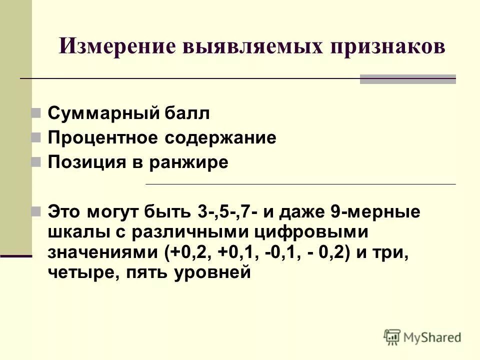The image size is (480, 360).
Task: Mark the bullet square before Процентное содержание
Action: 36,137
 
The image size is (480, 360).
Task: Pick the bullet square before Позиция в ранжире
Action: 36,162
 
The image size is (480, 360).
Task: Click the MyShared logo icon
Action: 392,336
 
